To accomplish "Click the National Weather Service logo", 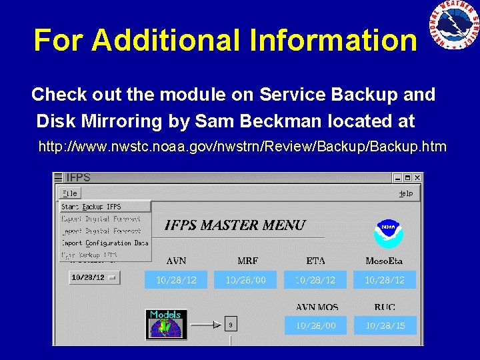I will [453, 25].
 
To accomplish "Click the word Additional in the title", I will [167, 40].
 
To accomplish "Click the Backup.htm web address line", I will [243, 146].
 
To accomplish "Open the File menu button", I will [69, 193].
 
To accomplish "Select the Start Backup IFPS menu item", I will [91, 207].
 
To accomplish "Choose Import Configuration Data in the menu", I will [105, 243].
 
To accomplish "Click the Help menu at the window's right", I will [405, 193].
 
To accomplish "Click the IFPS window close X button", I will [417, 178].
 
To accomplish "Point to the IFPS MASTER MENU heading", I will [235, 225].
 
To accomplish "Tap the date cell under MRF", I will [246, 280].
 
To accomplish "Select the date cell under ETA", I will [316, 280].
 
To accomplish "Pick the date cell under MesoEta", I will [385, 280].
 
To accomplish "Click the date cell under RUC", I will [385, 325].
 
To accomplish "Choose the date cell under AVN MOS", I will [316, 325].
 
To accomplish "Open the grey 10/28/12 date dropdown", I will [94, 277].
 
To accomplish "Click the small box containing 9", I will [231, 325].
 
